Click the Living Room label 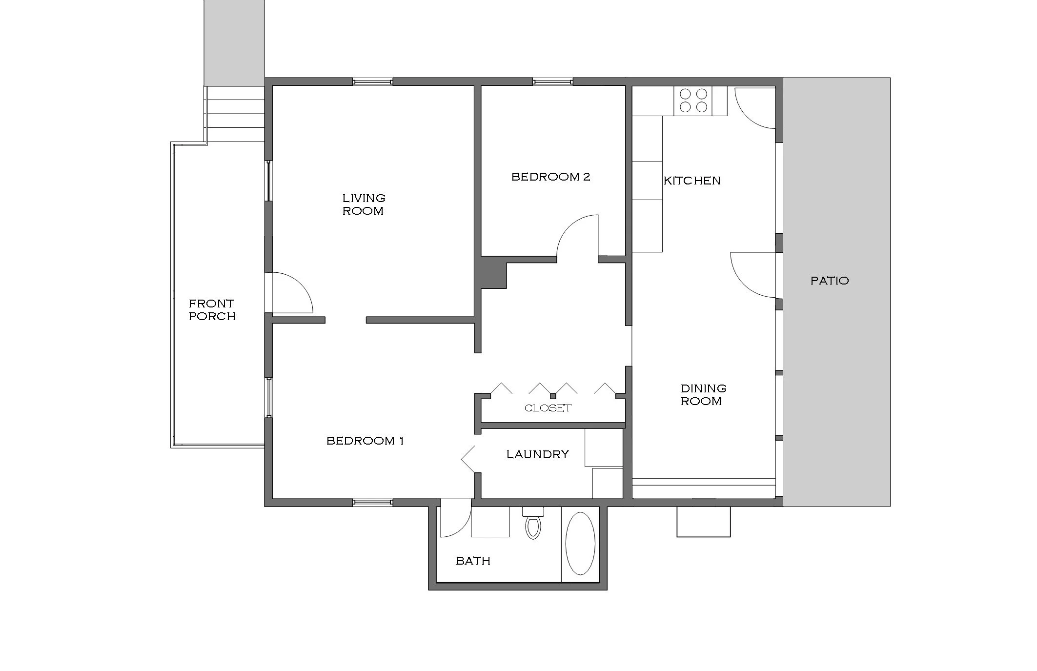coord(363,204)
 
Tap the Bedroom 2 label coord(550,177)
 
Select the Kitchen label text coord(691,181)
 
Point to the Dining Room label coord(703,395)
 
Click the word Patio coord(829,281)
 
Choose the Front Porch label coord(212,310)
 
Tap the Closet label coord(548,408)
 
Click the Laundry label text coord(537,454)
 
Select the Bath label coord(472,561)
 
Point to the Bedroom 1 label coord(365,441)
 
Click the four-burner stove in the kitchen coord(693,101)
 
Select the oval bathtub coord(580,543)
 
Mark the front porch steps coord(235,115)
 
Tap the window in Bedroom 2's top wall coord(552,81)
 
